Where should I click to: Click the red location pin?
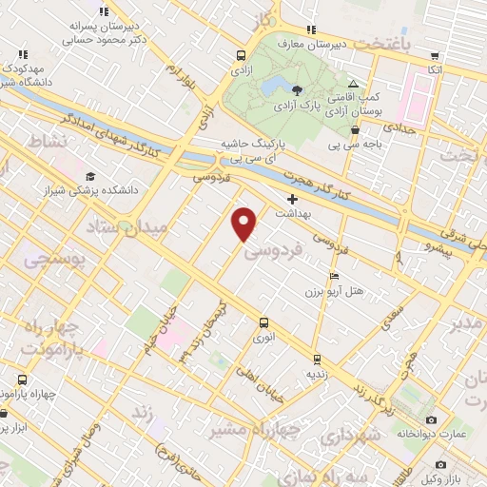(x=244, y=223)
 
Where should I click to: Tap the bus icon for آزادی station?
(x=240, y=55)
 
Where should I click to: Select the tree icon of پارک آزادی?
(x=299, y=90)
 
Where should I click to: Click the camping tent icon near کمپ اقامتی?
(x=354, y=84)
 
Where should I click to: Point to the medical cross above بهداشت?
(x=292, y=200)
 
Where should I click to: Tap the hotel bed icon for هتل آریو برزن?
(x=332, y=276)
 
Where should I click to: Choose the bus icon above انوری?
(x=264, y=322)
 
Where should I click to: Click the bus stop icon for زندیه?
(x=315, y=360)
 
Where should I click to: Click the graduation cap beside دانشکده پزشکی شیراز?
(x=89, y=177)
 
